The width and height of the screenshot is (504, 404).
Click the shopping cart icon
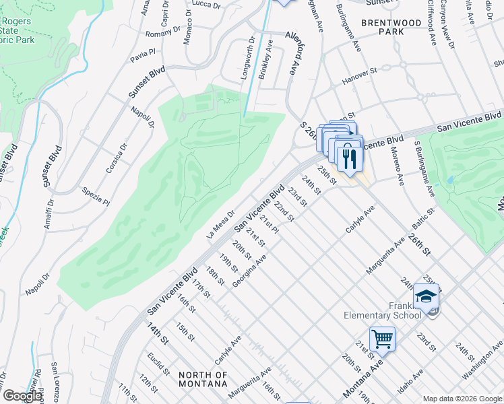click(382, 339)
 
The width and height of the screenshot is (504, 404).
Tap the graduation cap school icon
click(427, 297)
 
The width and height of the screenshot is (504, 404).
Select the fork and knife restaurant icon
click(349, 158)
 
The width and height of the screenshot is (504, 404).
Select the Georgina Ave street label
click(249, 271)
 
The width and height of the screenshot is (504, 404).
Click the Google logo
click(22, 396)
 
